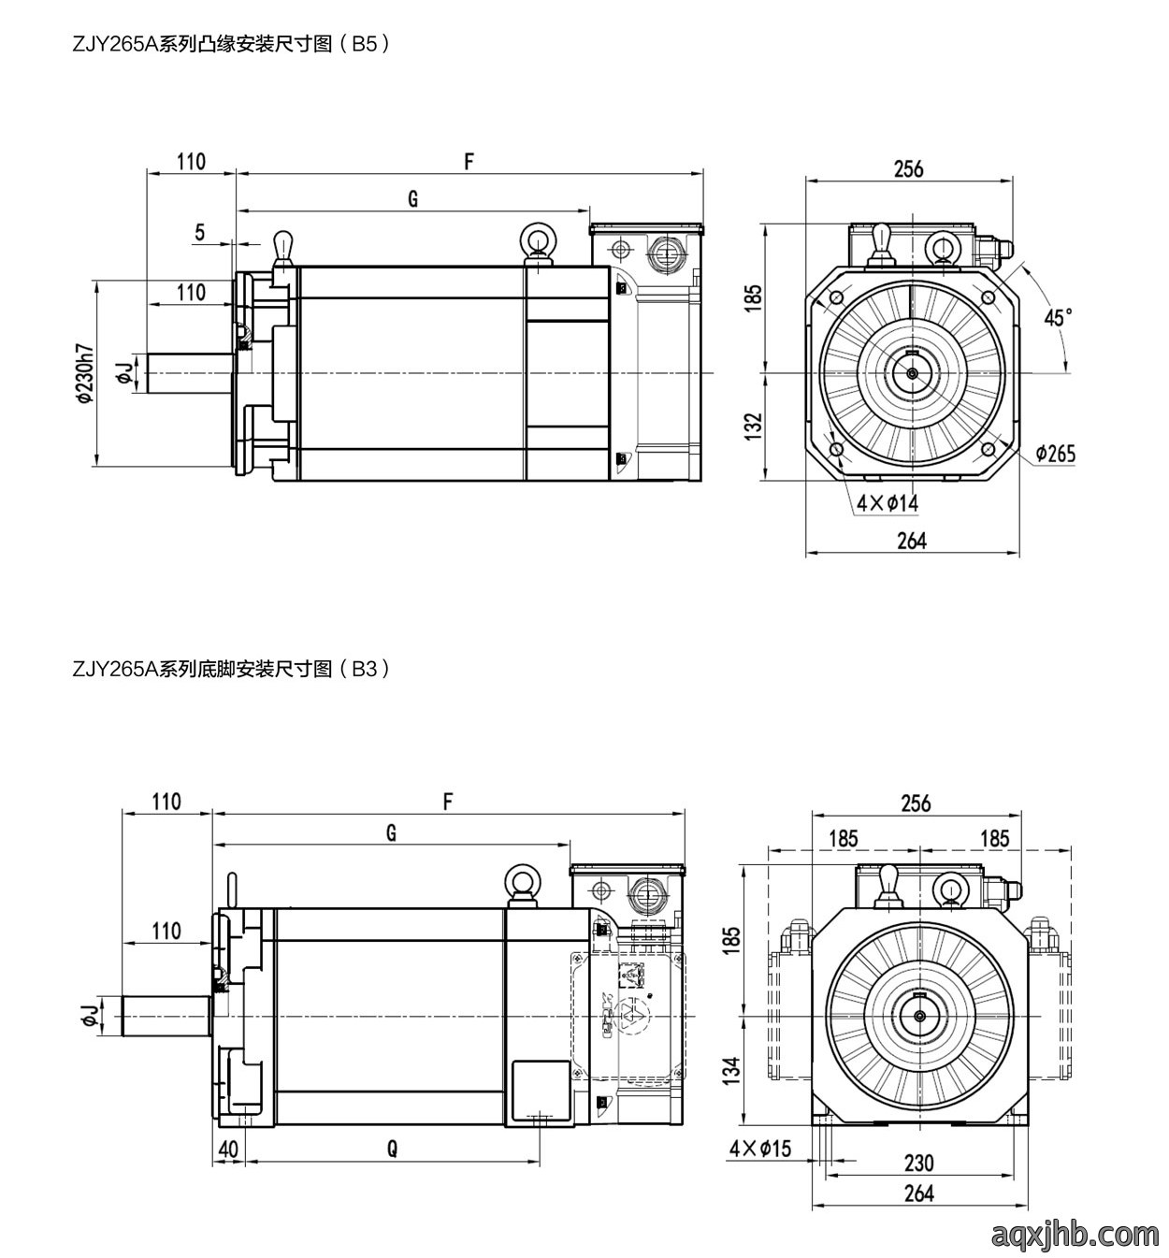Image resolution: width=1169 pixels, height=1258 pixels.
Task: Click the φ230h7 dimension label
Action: pyautogui.click(x=83, y=374)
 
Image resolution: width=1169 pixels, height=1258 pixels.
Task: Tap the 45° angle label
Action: pyautogui.click(x=1058, y=317)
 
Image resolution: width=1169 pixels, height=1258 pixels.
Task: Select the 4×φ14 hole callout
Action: pyautogui.click(x=888, y=503)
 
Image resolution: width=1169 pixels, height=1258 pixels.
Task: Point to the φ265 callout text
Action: pyautogui.click(x=1056, y=454)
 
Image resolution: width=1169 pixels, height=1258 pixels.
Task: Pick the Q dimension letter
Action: pyautogui.click(x=392, y=1150)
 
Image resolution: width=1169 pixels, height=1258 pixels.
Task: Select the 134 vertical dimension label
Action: pyautogui.click(x=732, y=1071)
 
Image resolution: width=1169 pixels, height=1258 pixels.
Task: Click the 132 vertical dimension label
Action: pyautogui.click(x=753, y=427)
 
